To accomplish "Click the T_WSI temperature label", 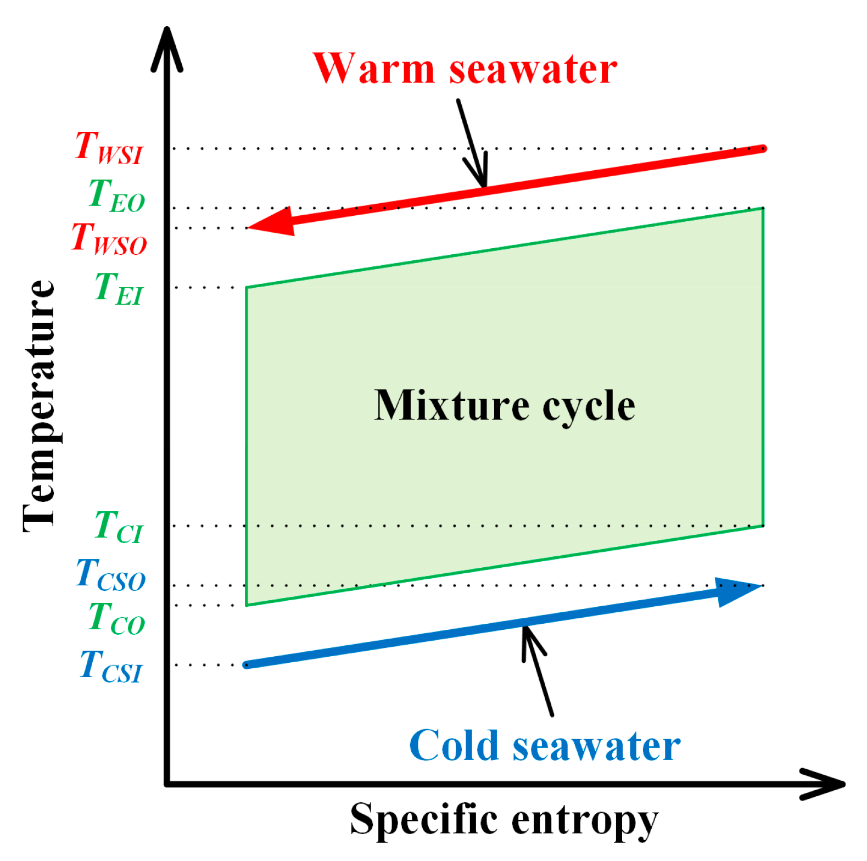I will click(x=109, y=148).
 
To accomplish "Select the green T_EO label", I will click(x=116, y=195).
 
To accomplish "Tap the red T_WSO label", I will click(x=109, y=239).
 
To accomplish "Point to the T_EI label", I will click(x=119, y=288).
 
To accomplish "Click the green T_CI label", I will click(x=119, y=527).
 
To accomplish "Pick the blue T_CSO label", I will click(x=111, y=575).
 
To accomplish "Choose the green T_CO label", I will click(x=116, y=618).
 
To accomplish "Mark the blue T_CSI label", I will click(x=111, y=666).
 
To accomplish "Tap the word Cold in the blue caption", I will click(x=454, y=745).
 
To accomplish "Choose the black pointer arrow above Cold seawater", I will click(x=538, y=670).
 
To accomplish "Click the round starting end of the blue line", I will click(x=247, y=665).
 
